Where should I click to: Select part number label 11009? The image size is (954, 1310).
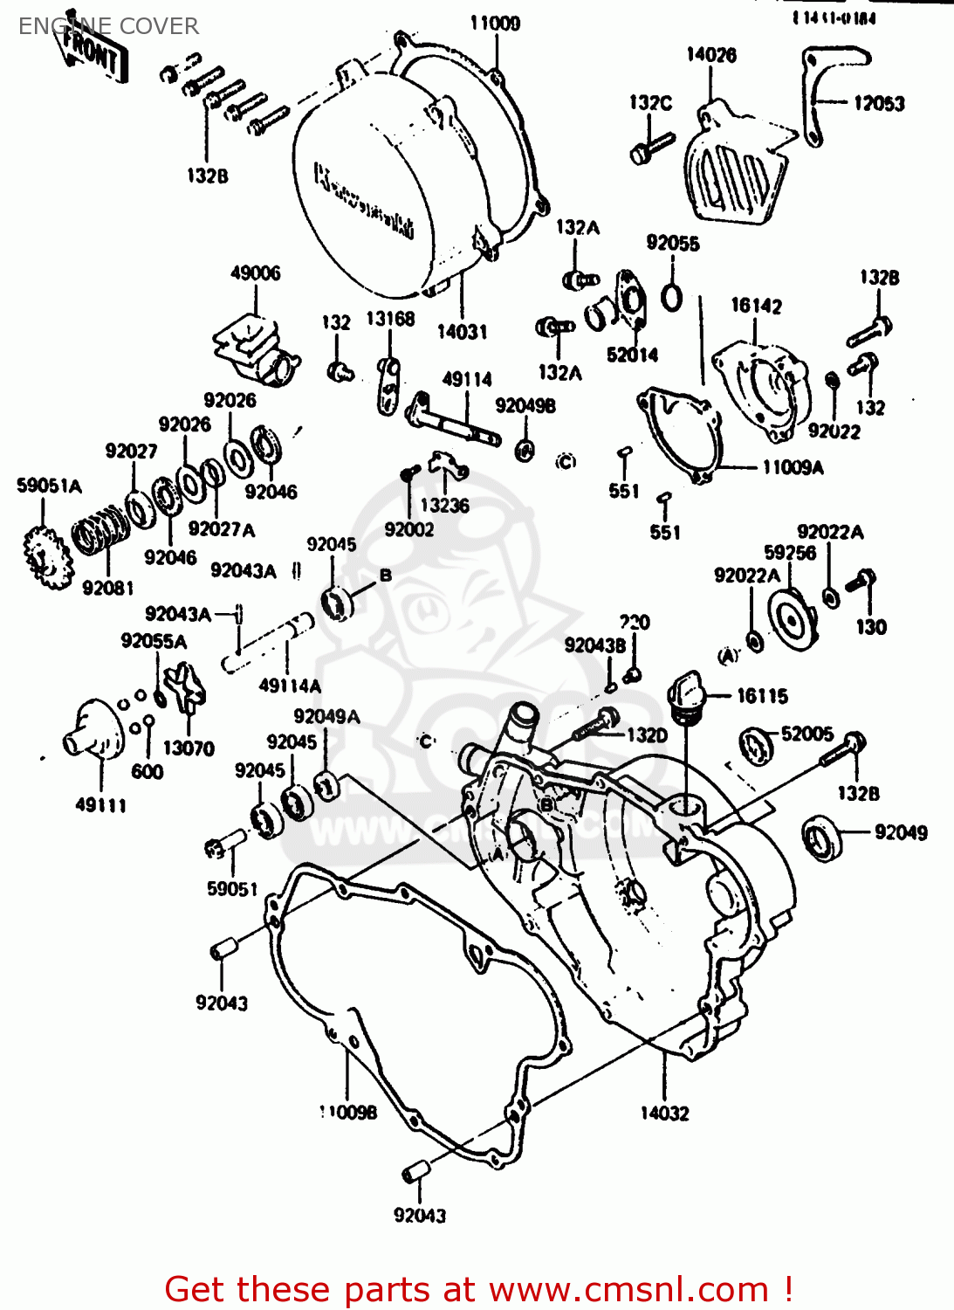494,24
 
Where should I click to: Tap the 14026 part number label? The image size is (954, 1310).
710,55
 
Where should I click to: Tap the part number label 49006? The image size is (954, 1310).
255,273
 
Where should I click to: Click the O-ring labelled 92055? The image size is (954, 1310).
671,297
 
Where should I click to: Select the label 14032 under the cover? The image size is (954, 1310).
664,1113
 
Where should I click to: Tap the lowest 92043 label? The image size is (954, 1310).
419,1215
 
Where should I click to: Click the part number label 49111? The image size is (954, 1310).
100,805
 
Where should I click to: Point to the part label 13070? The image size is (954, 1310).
188,748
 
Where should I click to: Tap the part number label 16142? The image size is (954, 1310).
756,306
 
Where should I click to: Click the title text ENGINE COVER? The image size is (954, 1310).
108,26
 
